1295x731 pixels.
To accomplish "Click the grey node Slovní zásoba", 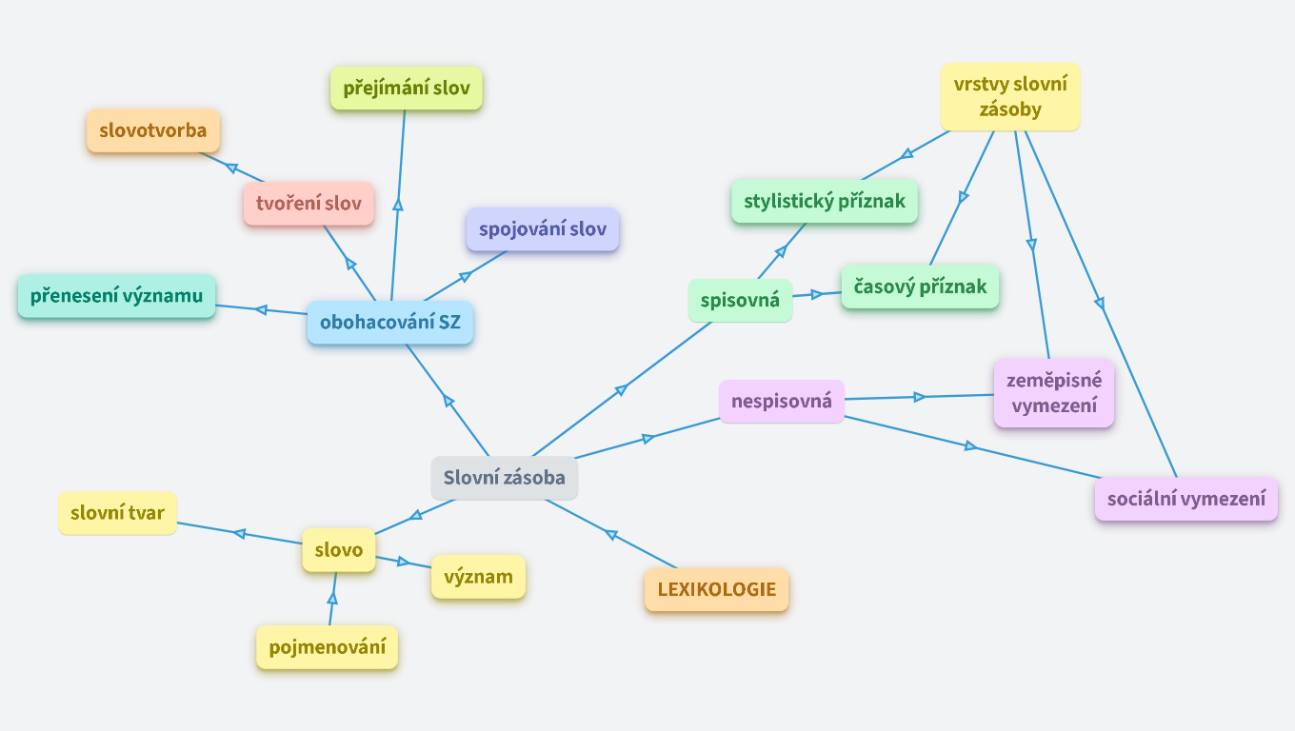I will tap(504, 478).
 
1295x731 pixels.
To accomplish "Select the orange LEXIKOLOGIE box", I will tap(716, 589).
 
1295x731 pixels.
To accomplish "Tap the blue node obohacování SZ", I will tap(389, 323).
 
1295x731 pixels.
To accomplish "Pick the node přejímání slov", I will tap(407, 89).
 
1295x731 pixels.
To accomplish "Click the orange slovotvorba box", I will tap(152, 131).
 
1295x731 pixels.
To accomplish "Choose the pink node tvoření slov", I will tap(309, 204).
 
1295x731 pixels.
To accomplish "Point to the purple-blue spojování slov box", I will tap(542, 229).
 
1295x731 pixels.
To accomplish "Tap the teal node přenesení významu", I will tap(116, 296).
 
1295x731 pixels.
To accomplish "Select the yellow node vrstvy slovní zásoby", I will tap(1010, 96).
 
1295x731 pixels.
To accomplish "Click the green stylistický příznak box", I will tap(824, 202).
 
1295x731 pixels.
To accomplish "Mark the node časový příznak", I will tap(920, 286).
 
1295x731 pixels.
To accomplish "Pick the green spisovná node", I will tap(740, 301).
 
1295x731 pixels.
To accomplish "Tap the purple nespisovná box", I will tap(781, 401).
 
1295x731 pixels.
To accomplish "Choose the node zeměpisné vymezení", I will tap(1053, 393).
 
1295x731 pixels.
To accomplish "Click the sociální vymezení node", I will tap(1185, 499).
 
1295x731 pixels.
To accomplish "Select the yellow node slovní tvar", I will tap(117, 513).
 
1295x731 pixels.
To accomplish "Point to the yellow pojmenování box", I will tap(327, 648).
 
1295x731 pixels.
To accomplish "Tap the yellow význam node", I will tap(478, 577).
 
